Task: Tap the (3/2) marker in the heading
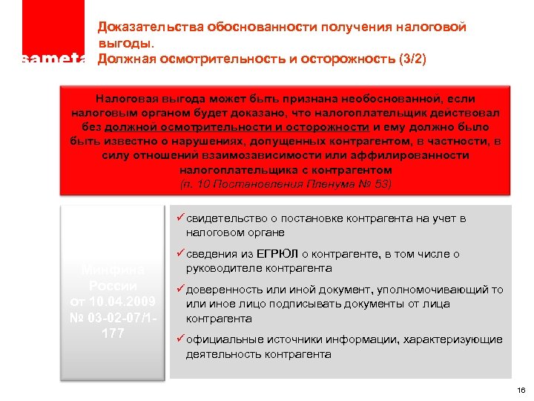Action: pyautogui.click(x=411, y=59)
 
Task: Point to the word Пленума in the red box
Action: pyautogui.click(x=326, y=183)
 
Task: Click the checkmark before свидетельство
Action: pyautogui.click(x=180, y=218)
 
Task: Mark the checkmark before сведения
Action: pyautogui.click(x=180, y=254)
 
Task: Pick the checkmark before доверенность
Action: pyautogui.click(x=180, y=290)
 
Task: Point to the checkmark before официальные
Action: pyautogui.click(x=180, y=339)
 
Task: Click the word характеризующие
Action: pyautogui.click(x=453, y=339)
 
